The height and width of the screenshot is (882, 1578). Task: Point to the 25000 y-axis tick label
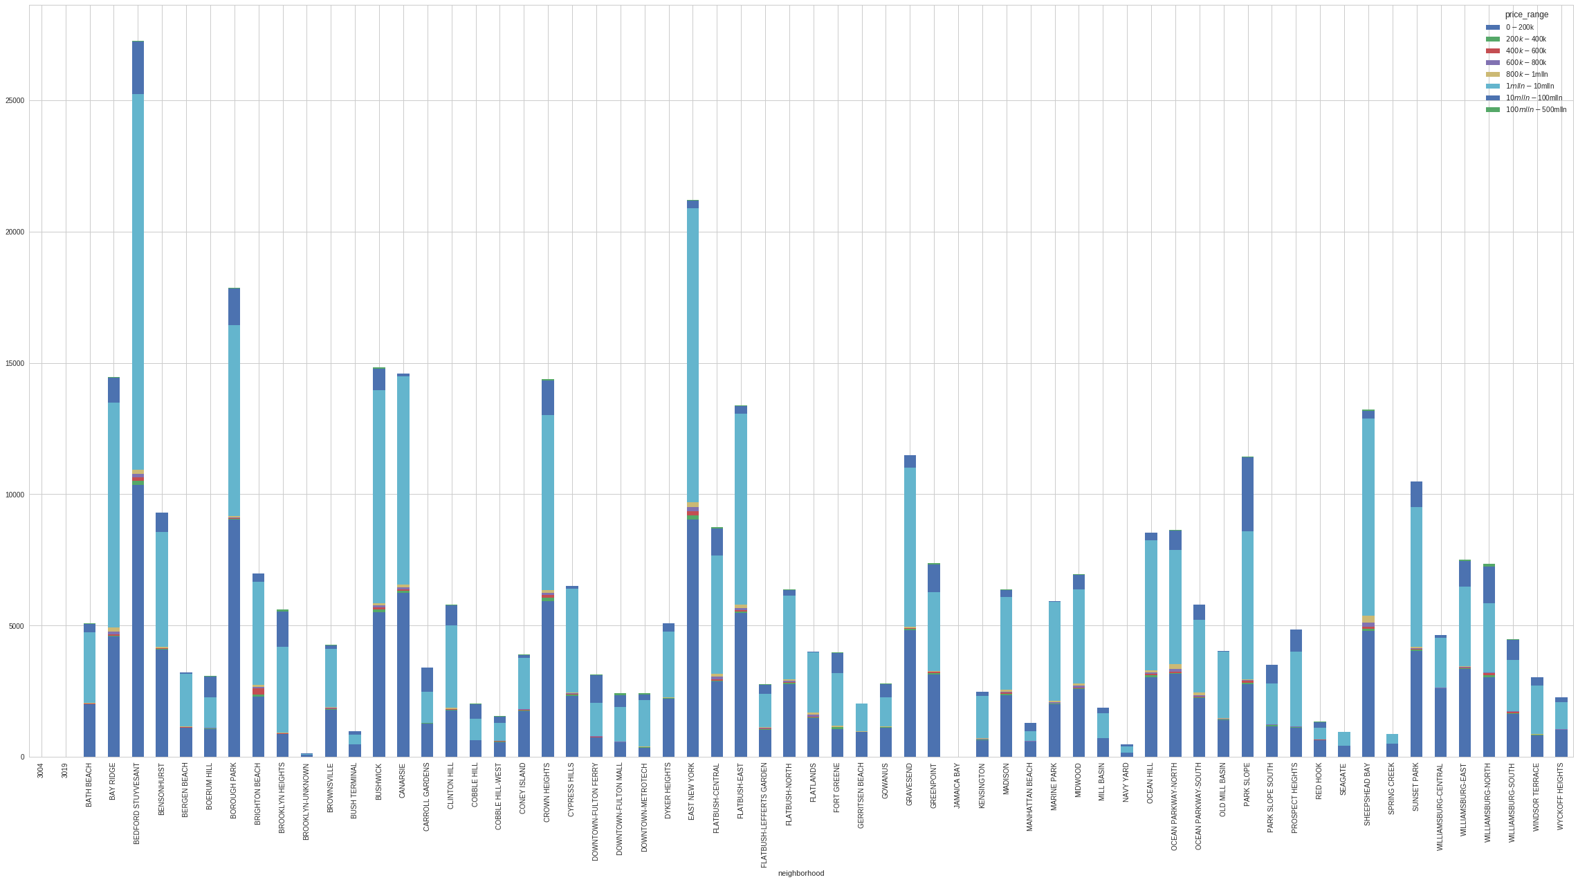(15, 101)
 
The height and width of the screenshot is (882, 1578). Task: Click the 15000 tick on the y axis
(15, 364)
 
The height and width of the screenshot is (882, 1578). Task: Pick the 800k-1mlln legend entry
(1524, 74)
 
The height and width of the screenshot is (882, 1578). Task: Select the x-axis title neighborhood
(800, 873)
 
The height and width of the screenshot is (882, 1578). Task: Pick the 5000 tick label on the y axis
(17, 626)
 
